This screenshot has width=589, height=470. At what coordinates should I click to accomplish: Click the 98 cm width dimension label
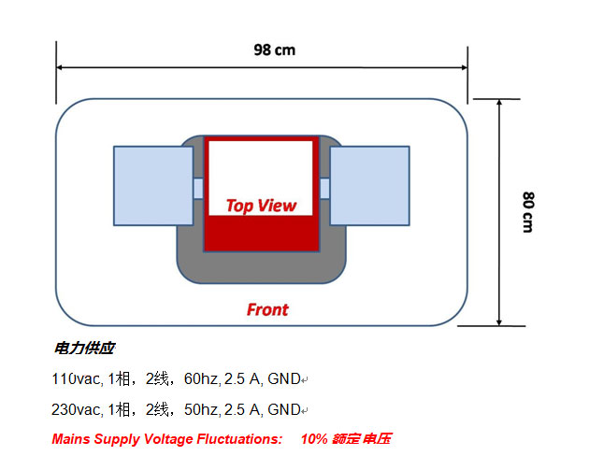[274, 50]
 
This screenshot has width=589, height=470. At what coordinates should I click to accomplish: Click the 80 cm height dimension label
[527, 212]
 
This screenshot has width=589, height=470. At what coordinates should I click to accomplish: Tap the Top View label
[261, 206]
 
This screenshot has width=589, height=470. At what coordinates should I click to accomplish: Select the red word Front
[266, 309]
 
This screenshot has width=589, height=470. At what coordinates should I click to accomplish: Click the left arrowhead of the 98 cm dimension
[62, 67]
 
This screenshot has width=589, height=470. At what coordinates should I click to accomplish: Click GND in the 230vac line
[284, 409]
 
